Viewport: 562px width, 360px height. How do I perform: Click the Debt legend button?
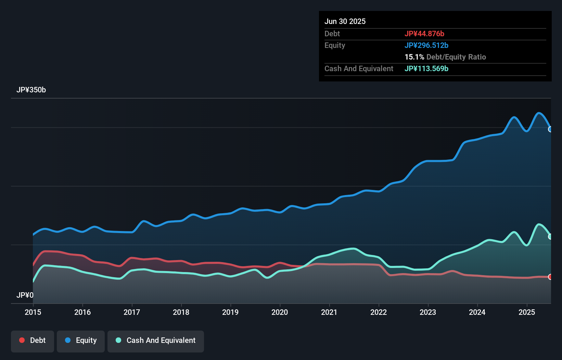[33, 340]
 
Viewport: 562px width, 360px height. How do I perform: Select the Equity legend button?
[81, 340]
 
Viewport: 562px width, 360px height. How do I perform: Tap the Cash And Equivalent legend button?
[156, 340]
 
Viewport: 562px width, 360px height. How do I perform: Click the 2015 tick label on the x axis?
[33, 312]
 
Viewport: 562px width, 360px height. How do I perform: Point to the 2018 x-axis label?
[181, 312]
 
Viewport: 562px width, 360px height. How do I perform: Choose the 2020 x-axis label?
[280, 312]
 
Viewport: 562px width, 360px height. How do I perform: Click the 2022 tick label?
[379, 312]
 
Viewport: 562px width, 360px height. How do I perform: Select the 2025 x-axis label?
[527, 312]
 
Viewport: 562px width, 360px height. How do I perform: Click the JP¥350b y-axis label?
[31, 90]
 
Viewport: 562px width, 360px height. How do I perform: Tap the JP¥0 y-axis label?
[25, 295]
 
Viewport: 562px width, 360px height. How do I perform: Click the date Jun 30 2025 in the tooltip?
[345, 21]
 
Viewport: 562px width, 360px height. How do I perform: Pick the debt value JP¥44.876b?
[424, 34]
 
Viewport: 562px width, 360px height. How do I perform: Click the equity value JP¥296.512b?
[426, 45]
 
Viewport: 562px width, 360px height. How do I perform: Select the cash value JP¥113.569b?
[426, 68]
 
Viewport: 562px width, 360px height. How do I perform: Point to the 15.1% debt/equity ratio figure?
[414, 57]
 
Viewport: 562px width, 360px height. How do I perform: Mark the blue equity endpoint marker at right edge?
[550, 129]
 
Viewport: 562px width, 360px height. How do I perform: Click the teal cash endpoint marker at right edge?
[550, 236]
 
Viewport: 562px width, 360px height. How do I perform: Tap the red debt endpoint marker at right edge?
[550, 277]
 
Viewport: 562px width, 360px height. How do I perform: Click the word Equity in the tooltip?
[335, 45]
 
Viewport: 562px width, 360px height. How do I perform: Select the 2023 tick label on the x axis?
[428, 312]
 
